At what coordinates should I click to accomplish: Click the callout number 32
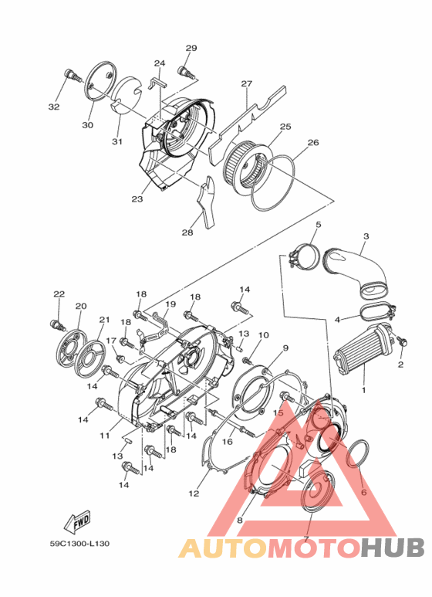point(54,107)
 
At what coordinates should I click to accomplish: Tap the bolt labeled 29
point(184,72)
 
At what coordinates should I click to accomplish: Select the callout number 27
point(247,83)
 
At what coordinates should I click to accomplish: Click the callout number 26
point(291,142)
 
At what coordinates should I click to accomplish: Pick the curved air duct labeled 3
point(361,270)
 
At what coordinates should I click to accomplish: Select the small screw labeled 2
point(402,342)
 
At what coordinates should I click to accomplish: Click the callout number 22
point(59,294)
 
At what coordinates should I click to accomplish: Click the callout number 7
point(306,538)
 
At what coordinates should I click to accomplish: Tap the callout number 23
point(137,199)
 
